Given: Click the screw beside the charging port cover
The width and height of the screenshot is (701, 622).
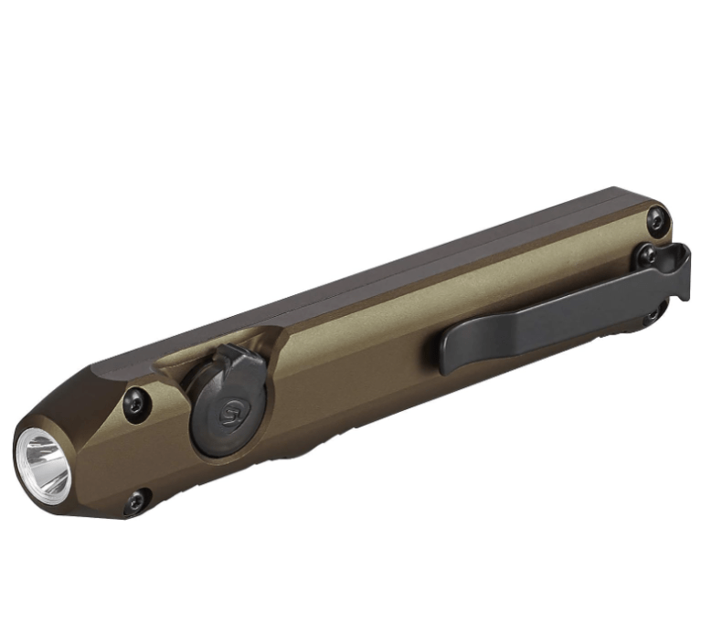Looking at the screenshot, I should click(134, 402).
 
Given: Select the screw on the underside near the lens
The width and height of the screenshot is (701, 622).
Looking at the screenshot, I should click(135, 501).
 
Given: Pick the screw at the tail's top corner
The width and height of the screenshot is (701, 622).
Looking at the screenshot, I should click(655, 218).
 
